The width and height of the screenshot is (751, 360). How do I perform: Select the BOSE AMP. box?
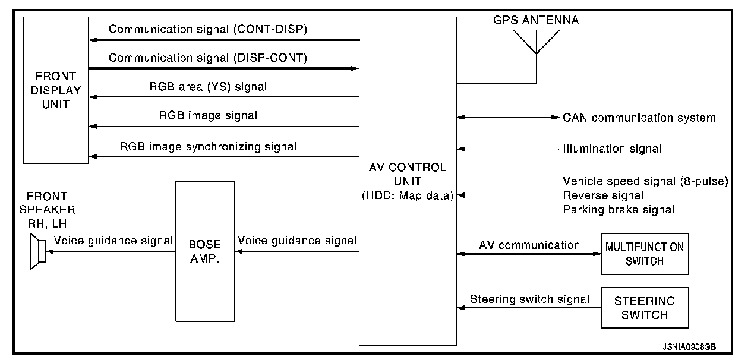pyautogui.click(x=204, y=251)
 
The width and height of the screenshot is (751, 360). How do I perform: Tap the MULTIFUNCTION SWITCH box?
pyautogui.click(x=645, y=254)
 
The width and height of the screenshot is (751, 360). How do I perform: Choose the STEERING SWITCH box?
pyautogui.click(x=645, y=308)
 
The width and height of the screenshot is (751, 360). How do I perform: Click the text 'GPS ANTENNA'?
pyautogui.click(x=536, y=20)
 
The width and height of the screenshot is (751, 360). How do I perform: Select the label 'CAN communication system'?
pyautogui.click(x=639, y=118)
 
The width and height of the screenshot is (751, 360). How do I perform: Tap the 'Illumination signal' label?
pyautogui.click(x=612, y=149)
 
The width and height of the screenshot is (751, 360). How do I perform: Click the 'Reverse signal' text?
pyautogui.click(x=603, y=195)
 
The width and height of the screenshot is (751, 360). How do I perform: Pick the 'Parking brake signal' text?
pyautogui.click(x=619, y=209)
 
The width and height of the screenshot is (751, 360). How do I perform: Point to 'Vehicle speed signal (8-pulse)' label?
pyautogui.click(x=645, y=181)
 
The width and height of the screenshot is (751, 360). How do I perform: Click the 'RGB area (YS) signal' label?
pyautogui.click(x=208, y=87)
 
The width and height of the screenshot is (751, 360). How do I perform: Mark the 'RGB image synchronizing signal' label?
pyautogui.click(x=208, y=146)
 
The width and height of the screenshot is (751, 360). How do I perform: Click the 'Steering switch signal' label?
pyautogui.click(x=529, y=299)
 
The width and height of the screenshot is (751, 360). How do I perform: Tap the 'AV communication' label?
pyautogui.click(x=529, y=245)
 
